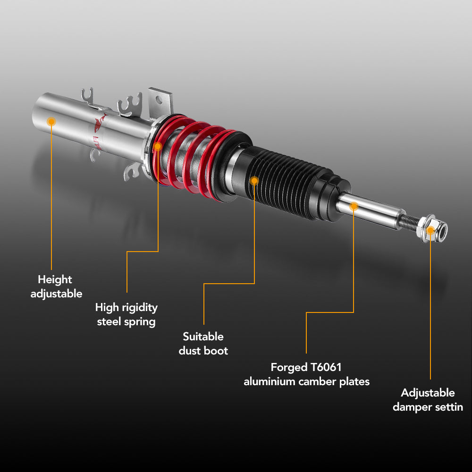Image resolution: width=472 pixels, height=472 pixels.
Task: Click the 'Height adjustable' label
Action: click(x=56, y=287)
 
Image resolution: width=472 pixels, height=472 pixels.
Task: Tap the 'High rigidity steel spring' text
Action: click(x=126, y=315)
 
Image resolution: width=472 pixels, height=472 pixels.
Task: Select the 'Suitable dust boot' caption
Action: click(x=203, y=344)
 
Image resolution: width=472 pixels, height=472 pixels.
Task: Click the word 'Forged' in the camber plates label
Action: click(x=288, y=367)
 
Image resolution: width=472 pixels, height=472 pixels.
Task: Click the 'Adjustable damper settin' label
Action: click(x=428, y=400)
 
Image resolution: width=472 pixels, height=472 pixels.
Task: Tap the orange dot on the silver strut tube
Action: click(x=51, y=122)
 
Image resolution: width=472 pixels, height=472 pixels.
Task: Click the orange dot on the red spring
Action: click(x=158, y=146)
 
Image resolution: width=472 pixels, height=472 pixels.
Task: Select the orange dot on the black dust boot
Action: click(x=254, y=180)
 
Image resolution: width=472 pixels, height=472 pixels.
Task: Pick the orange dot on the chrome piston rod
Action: click(x=354, y=206)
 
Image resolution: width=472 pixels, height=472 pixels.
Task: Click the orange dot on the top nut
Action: click(x=430, y=230)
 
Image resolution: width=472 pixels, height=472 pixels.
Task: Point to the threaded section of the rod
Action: click(x=410, y=222)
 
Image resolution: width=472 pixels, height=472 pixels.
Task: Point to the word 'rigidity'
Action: click(x=140, y=308)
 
